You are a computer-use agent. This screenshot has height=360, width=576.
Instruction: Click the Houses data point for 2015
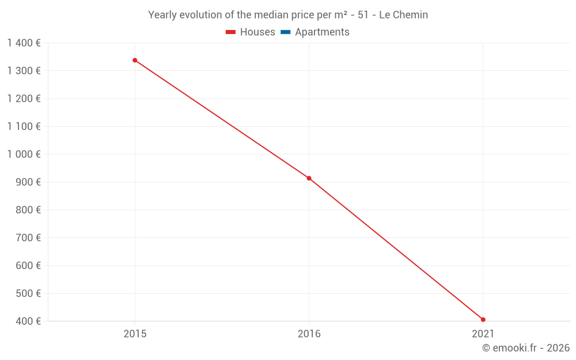tap(135, 60)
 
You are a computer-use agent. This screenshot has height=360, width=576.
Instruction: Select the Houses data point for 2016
tap(309, 178)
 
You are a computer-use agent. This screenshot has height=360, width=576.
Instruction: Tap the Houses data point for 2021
tap(483, 320)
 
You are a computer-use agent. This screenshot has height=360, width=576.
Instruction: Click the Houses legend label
tap(257, 32)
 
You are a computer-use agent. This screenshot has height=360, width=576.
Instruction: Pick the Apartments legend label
tap(322, 32)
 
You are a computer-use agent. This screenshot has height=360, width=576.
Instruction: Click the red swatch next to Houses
tap(231, 32)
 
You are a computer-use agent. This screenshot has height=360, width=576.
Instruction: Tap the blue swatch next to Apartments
tap(286, 32)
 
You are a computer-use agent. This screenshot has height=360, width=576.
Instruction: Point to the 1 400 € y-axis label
tap(24, 43)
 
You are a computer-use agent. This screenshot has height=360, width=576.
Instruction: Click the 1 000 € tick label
tap(24, 154)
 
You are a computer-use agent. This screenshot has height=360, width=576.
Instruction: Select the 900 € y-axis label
tap(28, 182)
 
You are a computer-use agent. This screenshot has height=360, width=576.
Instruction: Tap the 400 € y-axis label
tap(28, 321)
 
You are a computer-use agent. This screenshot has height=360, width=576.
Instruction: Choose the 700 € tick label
tap(28, 237)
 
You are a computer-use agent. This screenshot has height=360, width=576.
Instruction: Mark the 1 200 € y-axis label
tap(24, 98)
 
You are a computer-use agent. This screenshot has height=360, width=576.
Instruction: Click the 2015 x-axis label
tap(135, 334)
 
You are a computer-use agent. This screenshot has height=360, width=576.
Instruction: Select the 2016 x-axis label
tap(309, 334)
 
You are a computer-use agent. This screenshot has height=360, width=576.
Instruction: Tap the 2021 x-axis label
tap(483, 334)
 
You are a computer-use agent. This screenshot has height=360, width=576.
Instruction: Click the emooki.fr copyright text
tap(526, 348)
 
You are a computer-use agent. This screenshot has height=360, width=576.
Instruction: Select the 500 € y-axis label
tap(28, 293)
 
